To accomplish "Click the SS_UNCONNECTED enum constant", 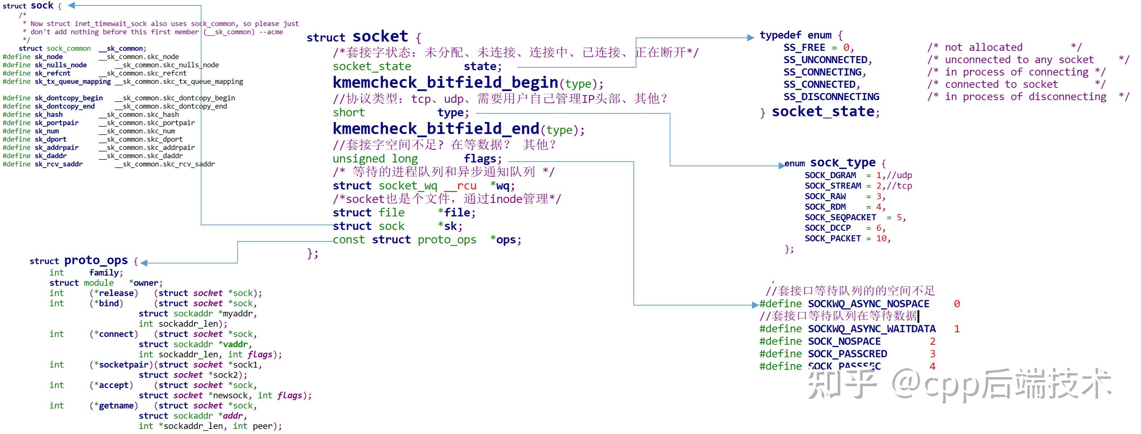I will tap(827, 60).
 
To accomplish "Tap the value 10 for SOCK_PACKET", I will tap(881, 239).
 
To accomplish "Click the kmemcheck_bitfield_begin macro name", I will tap(445, 82).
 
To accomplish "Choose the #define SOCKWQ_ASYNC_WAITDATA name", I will tap(871, 329).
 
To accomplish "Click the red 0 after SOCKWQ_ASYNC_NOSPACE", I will tap(956, 304).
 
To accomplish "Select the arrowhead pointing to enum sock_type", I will tap(781, 166).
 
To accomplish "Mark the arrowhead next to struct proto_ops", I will tap(144, 263).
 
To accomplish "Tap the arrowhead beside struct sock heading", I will tap(71, 5).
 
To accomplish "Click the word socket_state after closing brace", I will tap(823, 112).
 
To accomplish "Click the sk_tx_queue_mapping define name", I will tap(73, 81).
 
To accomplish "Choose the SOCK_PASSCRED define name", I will tap(847, 354).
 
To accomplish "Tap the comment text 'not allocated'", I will tap(983, 48).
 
